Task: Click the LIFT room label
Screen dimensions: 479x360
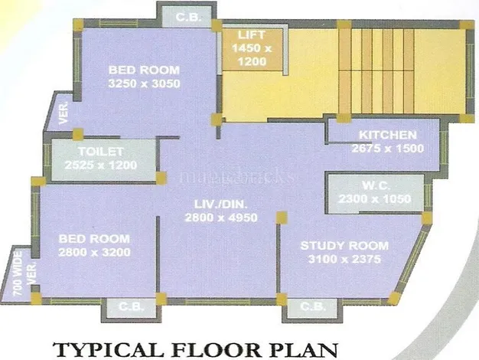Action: coord(252,35)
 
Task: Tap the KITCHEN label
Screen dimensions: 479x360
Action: coord(388,135)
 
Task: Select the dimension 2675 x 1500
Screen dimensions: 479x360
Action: coord(388,149)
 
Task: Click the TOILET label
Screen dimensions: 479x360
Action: coord(101,152)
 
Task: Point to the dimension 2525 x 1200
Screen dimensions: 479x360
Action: coord(101,165)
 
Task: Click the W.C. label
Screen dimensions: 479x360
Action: coord(375,185)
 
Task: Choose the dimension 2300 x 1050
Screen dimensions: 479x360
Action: coord(375,199)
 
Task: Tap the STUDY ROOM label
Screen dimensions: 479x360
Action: coord(344,246)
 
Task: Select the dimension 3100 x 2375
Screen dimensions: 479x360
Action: coord(344,259)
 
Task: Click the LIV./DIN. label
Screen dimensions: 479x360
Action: coord(221,204)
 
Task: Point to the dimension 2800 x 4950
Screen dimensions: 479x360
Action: coord(221,218)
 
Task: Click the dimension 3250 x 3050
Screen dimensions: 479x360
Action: coord(144,83)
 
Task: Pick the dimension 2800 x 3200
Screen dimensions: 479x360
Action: coord(94,252)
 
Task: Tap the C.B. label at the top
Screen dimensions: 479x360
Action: coord(188,17)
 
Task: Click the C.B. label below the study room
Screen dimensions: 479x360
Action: coord(312,306)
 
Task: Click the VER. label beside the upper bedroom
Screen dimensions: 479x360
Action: coord(64,113)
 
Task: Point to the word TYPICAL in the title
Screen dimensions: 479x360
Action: coord(109,349)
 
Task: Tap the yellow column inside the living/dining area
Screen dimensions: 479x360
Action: coord(282,218)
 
